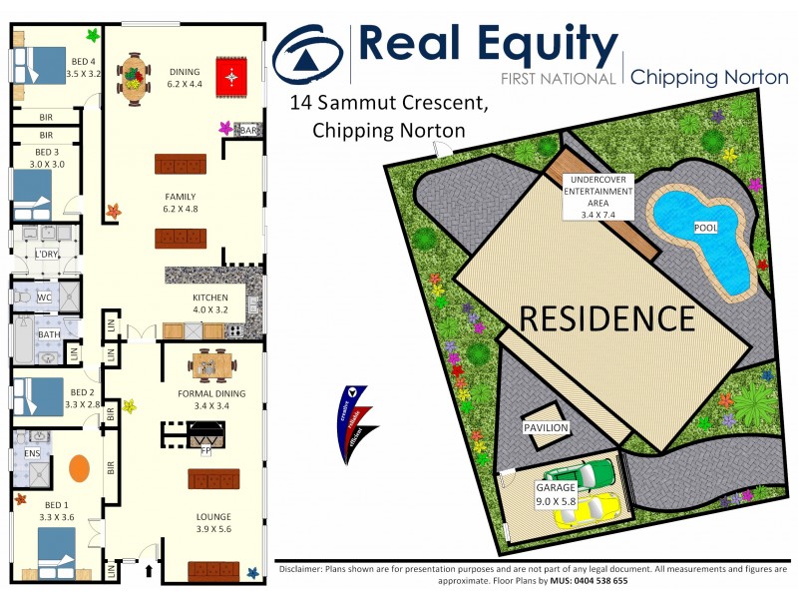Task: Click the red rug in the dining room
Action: (233, 74)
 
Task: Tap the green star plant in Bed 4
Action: (93, 36)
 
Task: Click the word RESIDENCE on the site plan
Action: (606, 318)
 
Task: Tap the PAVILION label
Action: (546, 427)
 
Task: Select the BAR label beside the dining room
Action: (249, 130)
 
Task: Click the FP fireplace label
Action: (206, 450)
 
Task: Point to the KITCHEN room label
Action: (210, 298)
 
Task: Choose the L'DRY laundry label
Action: (46, 255)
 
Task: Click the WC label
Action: (44, 298)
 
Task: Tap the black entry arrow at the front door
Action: (151, 572)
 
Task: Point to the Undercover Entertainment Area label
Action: (598, 196)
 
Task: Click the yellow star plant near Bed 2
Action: (129, 405)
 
